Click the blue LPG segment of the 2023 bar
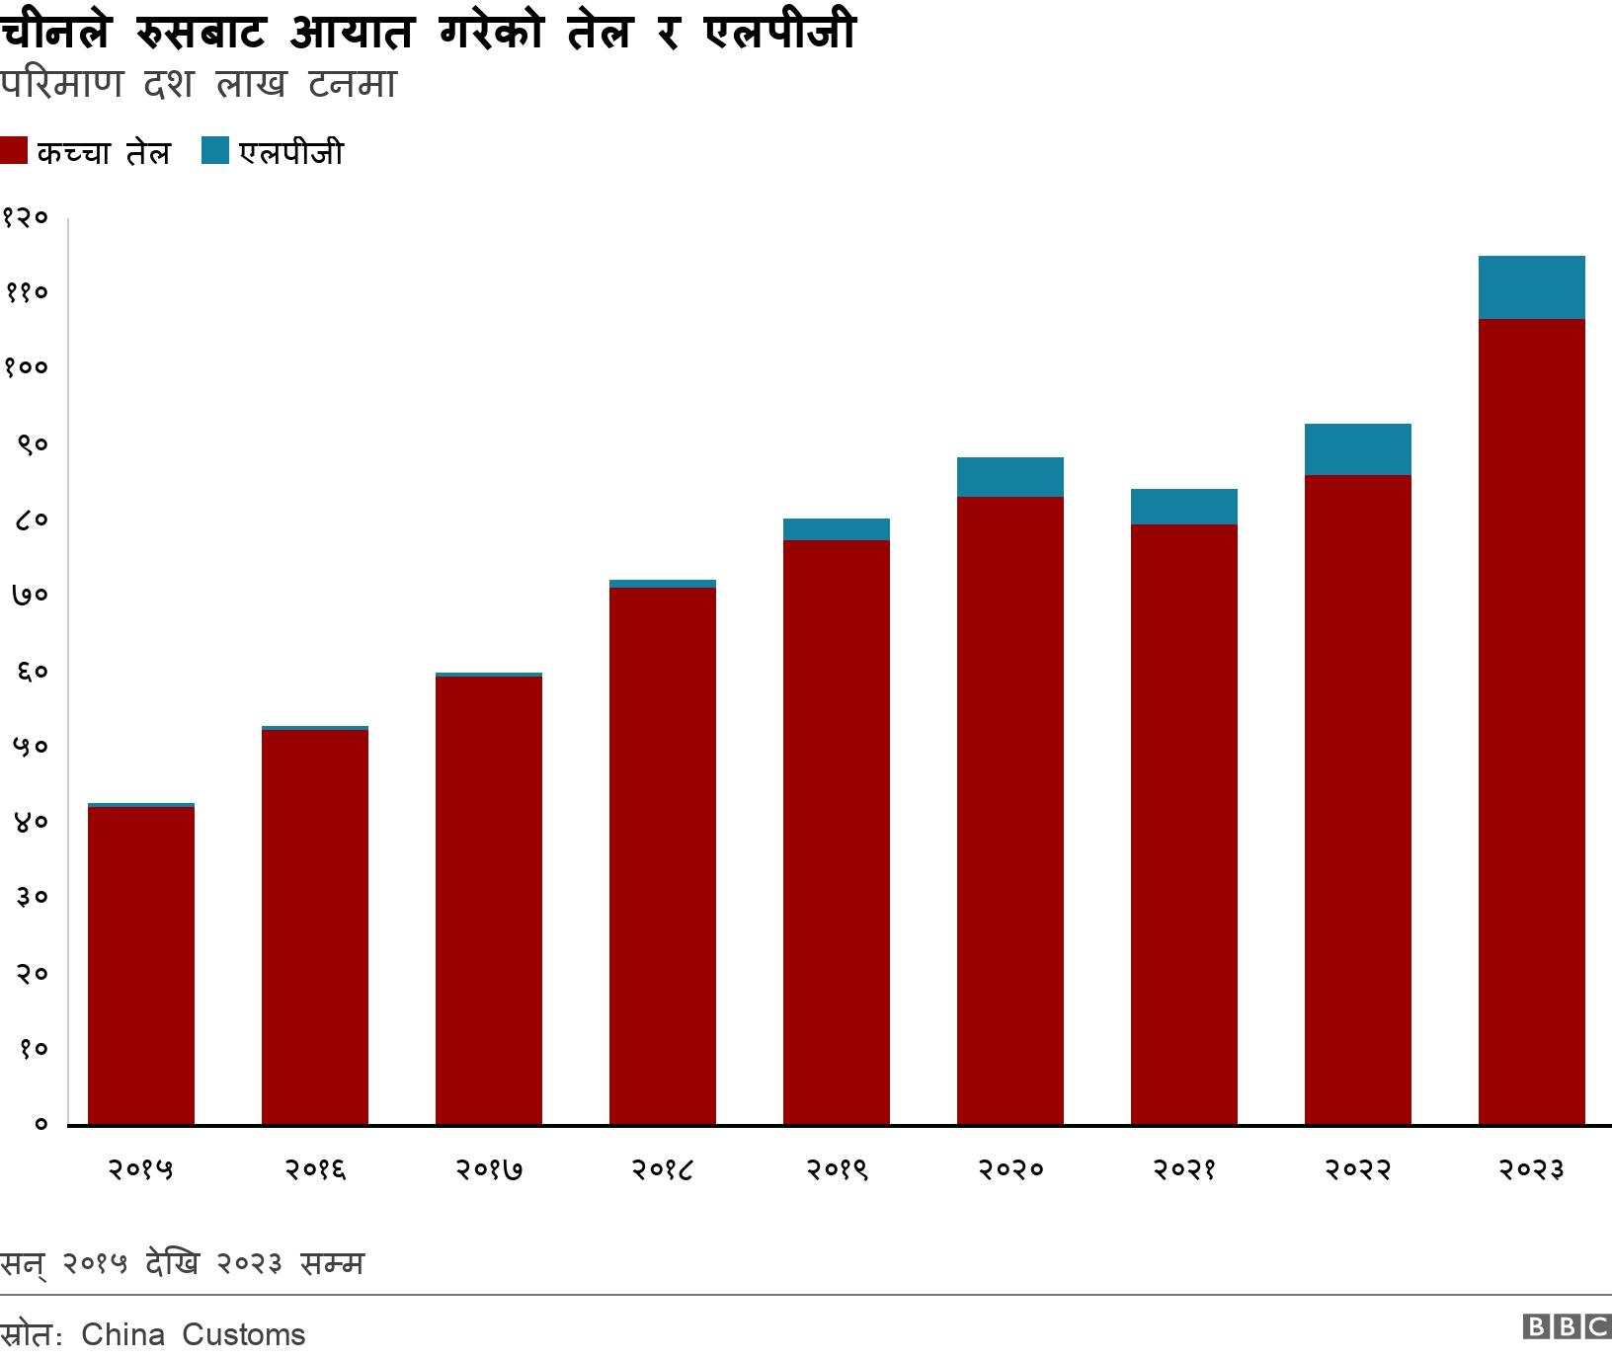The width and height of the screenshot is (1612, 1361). tap(1531, 287)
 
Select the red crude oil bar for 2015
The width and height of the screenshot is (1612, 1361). tap(141, 965)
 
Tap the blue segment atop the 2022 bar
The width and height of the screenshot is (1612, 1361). tap(1357, 449)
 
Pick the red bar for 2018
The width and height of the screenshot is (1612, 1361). tap(663, 855)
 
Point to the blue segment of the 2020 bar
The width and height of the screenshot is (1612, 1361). tap(1009, 477)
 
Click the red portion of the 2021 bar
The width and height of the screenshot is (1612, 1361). tap(1183, 824)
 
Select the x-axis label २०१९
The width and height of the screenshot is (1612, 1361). tap(836, 1170)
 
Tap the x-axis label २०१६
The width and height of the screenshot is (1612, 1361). tap(315, 1170)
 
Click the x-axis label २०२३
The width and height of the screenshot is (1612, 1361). tap(1531, 1170)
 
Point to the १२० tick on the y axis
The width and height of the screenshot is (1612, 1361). tap(26, 218)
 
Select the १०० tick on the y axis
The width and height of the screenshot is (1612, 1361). tap(26, 368)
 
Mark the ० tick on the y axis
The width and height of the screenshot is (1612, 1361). tap(40, 1124)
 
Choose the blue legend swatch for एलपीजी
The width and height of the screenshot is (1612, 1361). tap(214, 151)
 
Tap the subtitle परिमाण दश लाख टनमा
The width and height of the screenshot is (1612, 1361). tap(198, 85)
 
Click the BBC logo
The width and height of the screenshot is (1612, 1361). tap(1567, 1327)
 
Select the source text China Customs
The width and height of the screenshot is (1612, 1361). tap(193, 1334)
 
